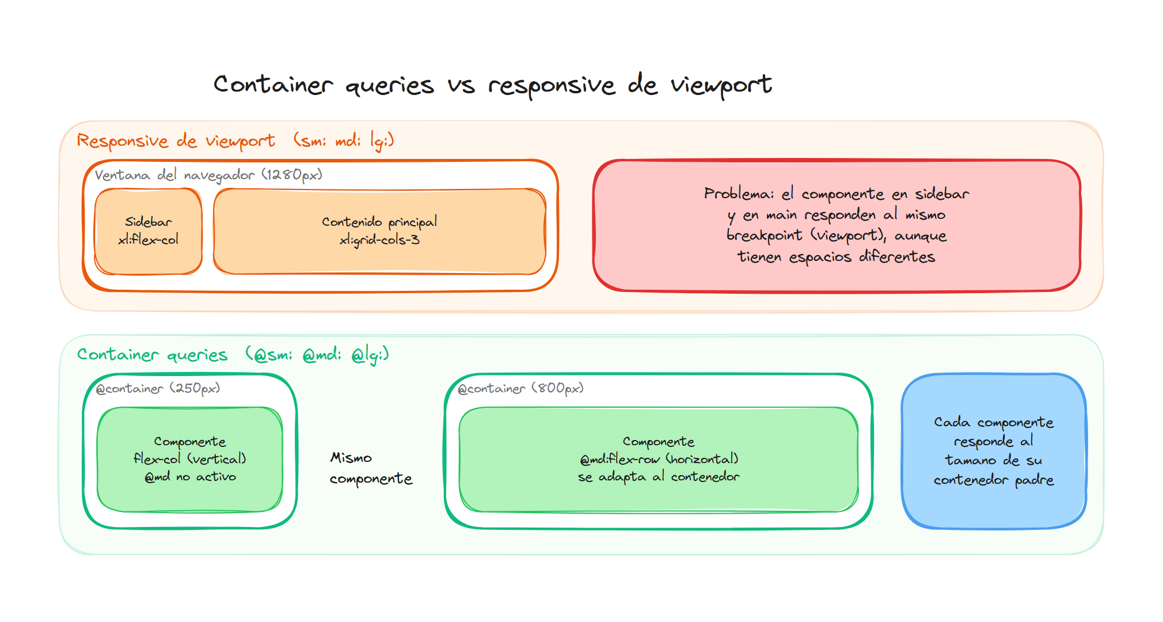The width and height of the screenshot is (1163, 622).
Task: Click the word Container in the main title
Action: tap(273, 85)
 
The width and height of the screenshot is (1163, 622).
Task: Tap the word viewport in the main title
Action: tap(721, 85)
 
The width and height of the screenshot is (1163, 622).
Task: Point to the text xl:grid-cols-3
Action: tap(379, 240)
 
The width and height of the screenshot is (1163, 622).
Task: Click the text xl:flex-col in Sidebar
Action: tap(148, 240)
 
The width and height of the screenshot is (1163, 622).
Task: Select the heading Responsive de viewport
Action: tap(176, 141)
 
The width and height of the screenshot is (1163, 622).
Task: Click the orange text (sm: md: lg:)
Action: tap(344, 140)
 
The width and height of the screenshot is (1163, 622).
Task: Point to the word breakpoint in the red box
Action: tap(764, 236)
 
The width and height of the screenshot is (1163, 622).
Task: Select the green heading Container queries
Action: tap(153, 354)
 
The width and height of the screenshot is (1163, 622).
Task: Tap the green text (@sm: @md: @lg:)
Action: tap(317, 354)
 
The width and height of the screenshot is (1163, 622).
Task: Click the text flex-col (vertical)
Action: tap(189, 459)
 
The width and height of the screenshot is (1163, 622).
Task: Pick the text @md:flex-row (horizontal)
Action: tap(659, 459)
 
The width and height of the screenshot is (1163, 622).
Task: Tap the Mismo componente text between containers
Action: tap(370, 468)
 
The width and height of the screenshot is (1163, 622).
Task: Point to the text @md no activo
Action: tap(190, 477)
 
